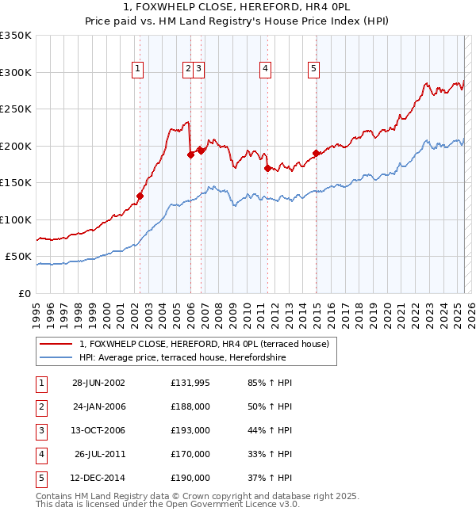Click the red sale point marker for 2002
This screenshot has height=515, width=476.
140,196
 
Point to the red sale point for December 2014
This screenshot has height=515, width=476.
316,153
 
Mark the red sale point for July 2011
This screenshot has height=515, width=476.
268,168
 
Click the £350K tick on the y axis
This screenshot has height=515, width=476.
16,36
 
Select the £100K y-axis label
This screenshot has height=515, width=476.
16,219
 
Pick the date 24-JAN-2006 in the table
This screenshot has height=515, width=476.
99,406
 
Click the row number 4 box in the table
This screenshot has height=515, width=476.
40,454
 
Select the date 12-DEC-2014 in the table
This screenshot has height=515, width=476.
99,478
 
